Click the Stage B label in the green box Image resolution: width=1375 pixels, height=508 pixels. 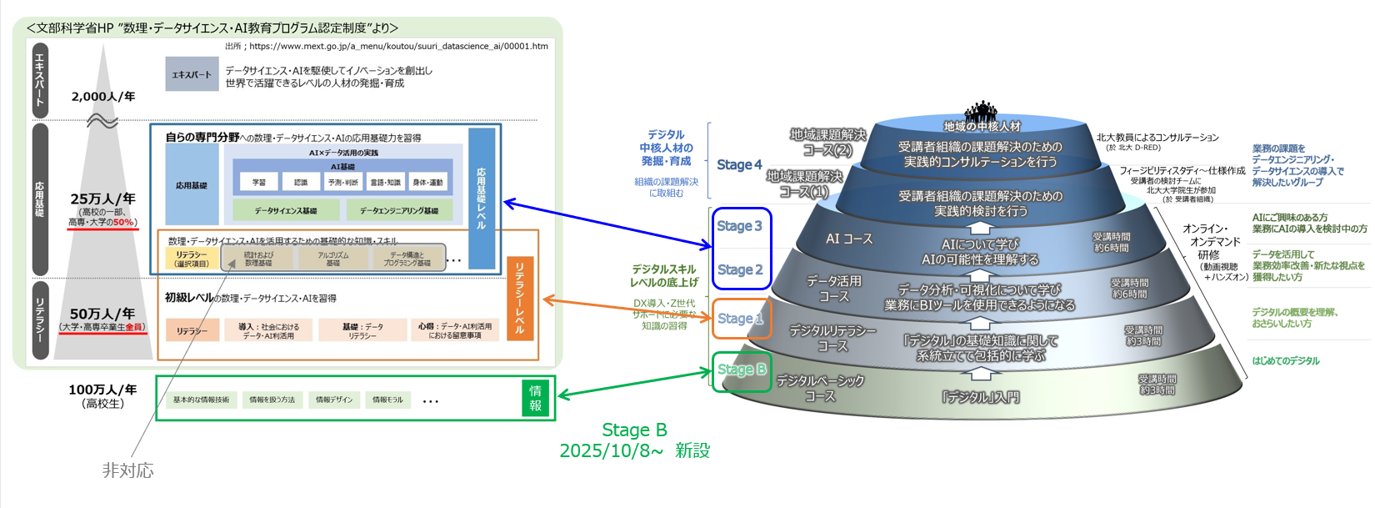[741, 370]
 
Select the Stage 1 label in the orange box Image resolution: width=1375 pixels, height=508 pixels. [740, 319]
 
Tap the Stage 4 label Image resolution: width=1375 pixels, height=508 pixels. [739, 165]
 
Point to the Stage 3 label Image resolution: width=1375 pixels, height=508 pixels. [739, 226]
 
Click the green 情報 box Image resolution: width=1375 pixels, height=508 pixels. [535, 399]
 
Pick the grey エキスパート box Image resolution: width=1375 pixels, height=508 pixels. [192, 74]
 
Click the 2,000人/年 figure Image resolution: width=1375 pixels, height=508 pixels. [103, 97]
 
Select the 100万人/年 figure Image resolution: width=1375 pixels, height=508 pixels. [102, 390]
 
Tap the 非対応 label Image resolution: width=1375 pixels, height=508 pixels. [127, 470]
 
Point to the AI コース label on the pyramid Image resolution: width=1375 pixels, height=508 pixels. [849, 239]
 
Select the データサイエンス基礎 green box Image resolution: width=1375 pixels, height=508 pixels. [286, 211]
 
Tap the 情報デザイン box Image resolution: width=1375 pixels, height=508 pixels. [334, 400]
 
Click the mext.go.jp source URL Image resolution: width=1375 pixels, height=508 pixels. [398, 47]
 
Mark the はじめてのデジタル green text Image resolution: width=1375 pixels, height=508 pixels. [1286, 361]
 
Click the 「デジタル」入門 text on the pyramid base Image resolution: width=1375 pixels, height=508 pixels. [981, 397]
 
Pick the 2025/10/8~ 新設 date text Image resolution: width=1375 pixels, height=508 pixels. [634, 451]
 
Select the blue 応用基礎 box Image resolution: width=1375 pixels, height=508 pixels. [192, 185]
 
